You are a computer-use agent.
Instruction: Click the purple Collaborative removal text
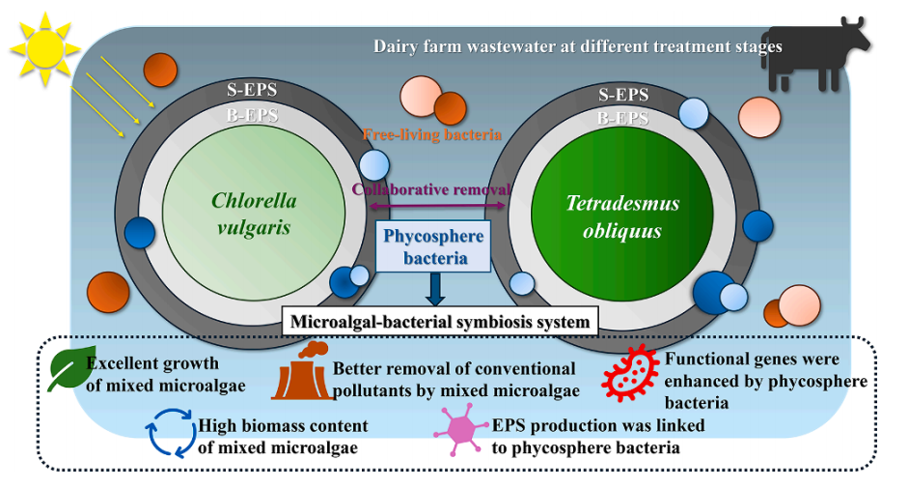pyautogui.click(x=429, y=189)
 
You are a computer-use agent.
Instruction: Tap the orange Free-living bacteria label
pyautogui.click(x=433, y=134)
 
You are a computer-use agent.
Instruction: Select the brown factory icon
pyautogui.click(x=300, y=371)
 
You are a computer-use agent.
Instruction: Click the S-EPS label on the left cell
pyautogui.click(x=251, y=90)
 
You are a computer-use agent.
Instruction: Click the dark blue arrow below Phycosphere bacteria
pyautogui.click(x=435, y=288)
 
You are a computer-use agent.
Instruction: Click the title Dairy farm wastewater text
pyautogui.click(x=577, y=45)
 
